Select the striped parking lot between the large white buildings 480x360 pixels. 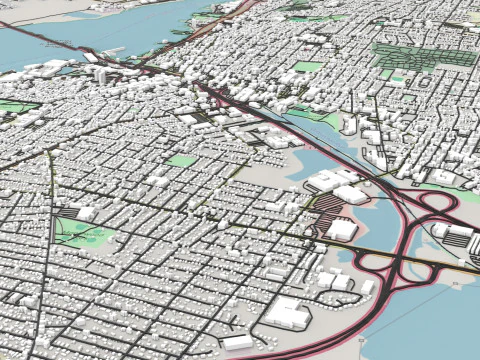point(330,209)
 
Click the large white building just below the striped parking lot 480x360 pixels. point(342,230)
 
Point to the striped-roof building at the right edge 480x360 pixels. point(457,236)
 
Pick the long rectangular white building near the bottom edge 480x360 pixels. point(238,342)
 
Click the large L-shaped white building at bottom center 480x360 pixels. point(287,312)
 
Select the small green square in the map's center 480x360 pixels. point(181,160)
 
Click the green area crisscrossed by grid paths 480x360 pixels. point(410,54)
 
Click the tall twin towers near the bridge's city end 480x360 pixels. point(103,75)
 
